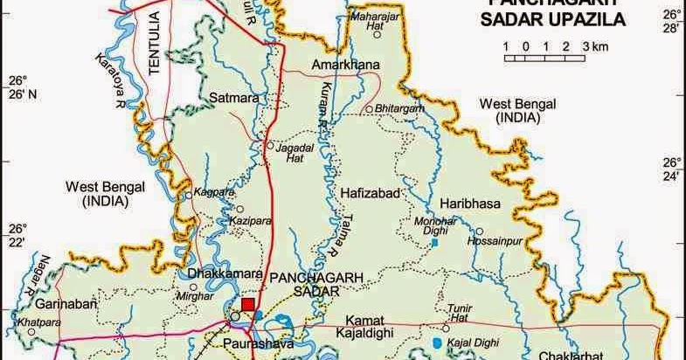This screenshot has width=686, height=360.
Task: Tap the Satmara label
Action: click(x=234, y=99)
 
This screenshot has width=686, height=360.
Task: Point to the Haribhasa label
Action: click(x=468, y=203)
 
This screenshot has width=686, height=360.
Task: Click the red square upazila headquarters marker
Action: click(x=249, y=305)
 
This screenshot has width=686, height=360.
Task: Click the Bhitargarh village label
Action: click(x=399, y=108)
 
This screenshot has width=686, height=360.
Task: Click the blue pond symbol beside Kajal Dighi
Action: click(x=437, y=342)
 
